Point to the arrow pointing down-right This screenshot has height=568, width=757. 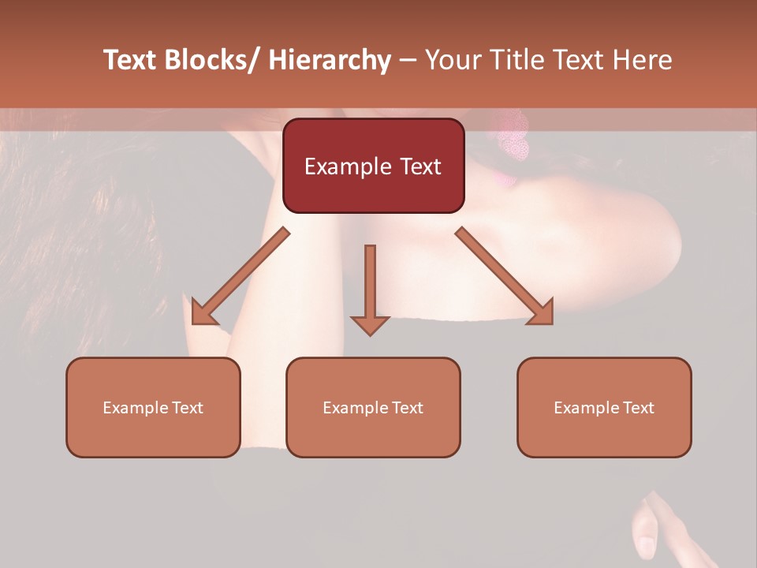[x=505, y=276]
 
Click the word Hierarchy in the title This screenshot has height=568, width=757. [x=330, y=60]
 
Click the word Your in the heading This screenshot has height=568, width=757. [x=452, y=60]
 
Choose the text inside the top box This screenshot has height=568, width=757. [x=373, y=166]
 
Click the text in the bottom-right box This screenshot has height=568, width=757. [x=604, y=408]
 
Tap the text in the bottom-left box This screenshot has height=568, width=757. [x=153, y=408]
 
